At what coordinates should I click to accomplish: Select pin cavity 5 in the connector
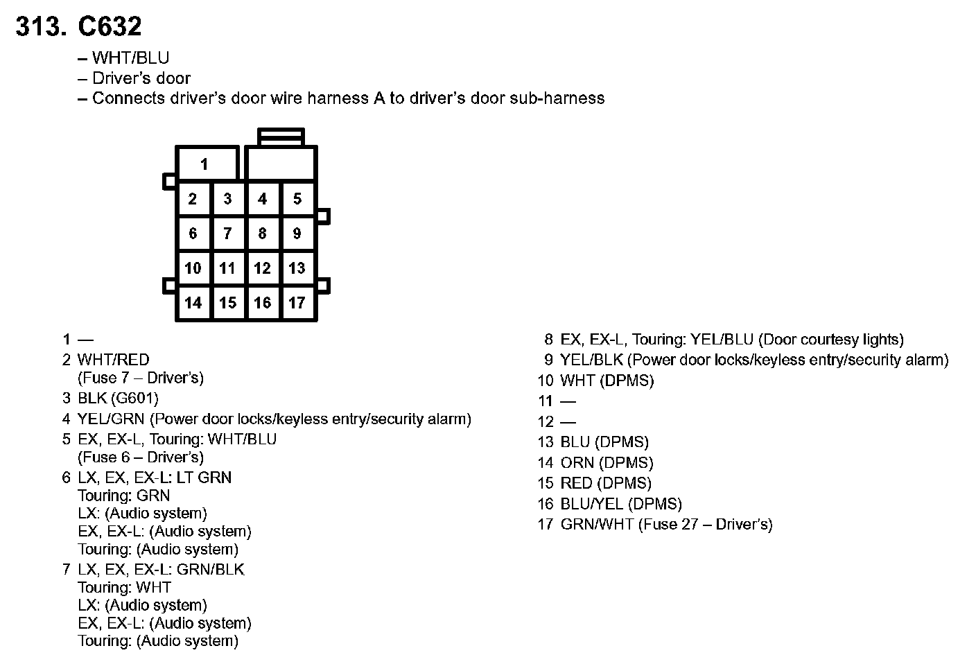point(297,199)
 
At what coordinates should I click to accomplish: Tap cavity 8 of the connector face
point(262,234)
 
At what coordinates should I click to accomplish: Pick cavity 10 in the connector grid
point(193,268)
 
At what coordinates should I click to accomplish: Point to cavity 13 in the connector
point(297,268)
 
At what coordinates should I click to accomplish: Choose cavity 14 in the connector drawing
point(193,303)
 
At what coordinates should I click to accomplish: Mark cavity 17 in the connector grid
point(297,303)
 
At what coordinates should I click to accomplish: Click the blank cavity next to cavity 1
point(281,164)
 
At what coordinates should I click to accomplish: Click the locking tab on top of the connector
point(281,136)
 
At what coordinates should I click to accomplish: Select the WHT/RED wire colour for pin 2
point(113,360)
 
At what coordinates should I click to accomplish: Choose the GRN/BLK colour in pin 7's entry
point(211,570)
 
